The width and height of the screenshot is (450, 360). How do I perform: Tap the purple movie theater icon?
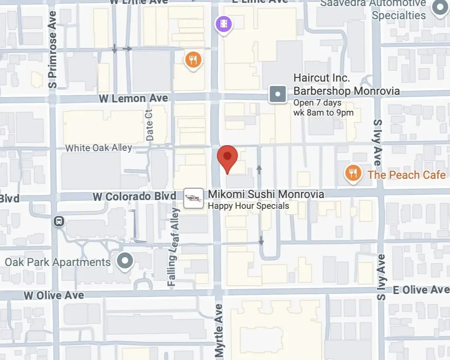point(224,24)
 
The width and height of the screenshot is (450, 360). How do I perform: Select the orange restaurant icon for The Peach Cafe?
point(353,173)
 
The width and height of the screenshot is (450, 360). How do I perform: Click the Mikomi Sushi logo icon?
point(194,198)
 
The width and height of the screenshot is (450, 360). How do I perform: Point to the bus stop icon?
point(59,221)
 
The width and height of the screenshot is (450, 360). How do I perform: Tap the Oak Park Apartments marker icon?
point(125,261)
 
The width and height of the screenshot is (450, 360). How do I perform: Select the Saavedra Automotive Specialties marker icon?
point(440,7)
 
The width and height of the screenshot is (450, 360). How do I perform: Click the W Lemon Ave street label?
point(134,98)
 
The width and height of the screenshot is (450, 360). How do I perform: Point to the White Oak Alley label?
point(98,148)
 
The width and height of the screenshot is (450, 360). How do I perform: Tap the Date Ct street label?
point(150,125)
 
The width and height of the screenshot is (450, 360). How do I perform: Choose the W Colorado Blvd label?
point(134,196)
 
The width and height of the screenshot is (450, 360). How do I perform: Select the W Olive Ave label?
point(54,296)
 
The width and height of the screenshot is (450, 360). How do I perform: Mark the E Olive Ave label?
point(421,290)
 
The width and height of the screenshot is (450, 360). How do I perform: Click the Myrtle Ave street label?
point(219,330)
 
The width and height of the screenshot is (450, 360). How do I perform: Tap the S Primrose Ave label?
point(52,50)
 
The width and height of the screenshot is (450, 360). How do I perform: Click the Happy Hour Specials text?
point(248,206)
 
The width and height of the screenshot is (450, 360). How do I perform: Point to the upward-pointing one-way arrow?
point(259,169)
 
